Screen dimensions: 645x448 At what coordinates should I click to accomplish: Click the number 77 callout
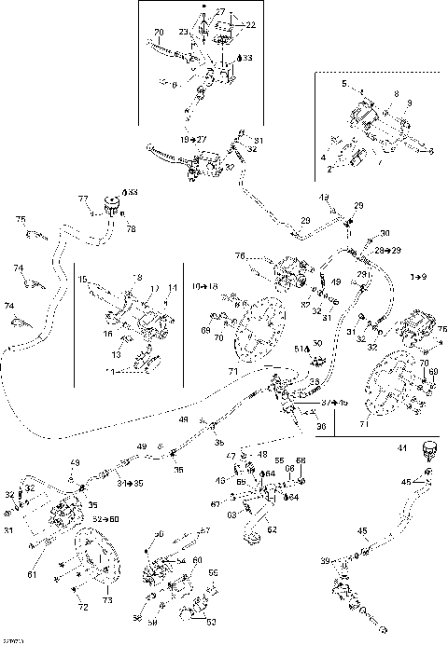[x=82, y=199]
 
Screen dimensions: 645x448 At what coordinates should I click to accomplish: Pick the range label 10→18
[x=204, y=285]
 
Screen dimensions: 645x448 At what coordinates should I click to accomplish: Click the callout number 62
[x=273, y=528]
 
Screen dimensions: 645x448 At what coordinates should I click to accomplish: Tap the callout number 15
[x=82, y=278]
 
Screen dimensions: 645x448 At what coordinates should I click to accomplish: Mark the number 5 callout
[x=344, y=84]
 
